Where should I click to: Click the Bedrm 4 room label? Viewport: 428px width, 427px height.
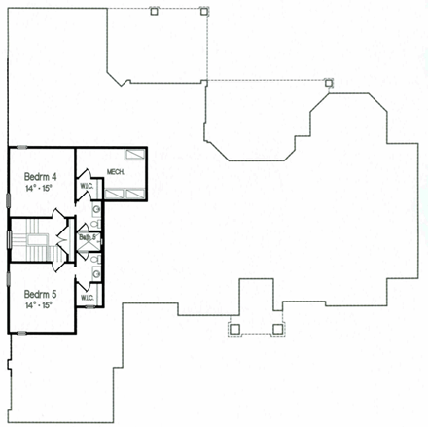tap(40, 175)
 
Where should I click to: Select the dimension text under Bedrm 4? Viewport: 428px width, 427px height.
tap(40, 187)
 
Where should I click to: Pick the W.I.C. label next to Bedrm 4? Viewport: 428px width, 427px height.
tap(87, 186)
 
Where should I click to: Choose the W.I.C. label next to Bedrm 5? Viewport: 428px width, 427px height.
tap(87, 298)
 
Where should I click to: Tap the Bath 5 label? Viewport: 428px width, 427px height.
tap(88, 237)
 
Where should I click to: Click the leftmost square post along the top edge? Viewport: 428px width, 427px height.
tap(154, 12)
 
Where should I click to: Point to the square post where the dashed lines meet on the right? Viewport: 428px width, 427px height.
tap(329, 82)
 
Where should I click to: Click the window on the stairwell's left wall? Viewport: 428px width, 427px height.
tap(9, 239)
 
